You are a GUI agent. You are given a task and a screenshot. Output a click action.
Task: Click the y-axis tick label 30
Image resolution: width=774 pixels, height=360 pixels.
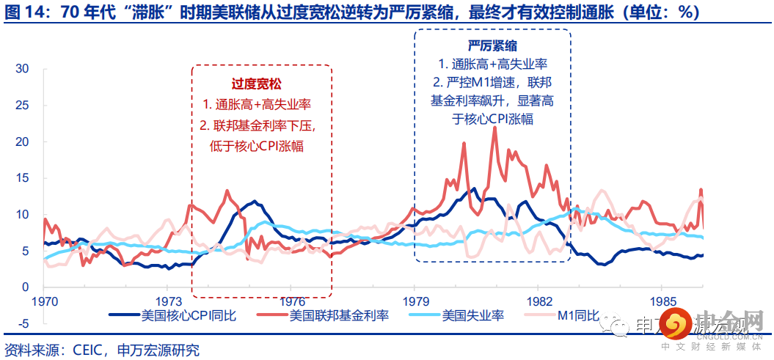click(21, 69)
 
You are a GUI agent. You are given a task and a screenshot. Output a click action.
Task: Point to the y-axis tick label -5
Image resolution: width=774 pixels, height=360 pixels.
click(21, 323)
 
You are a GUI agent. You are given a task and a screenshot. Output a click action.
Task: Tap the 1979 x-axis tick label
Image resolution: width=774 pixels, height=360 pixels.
click(415, 302)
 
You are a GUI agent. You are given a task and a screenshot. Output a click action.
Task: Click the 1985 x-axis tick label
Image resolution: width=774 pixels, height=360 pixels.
click(663, 302)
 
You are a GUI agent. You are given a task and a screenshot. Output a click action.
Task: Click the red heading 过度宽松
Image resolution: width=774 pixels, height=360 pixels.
click(262, 84)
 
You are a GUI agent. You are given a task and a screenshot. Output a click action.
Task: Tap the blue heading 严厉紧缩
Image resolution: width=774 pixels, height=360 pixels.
click(492, 45)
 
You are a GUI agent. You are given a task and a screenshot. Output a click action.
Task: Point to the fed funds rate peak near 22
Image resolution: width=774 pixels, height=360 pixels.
click(495, 128)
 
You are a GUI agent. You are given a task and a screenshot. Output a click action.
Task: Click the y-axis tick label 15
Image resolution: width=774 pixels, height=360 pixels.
click(21, 178)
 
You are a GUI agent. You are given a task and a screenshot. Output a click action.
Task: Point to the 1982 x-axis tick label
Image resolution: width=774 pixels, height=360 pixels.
click(539, 302)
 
